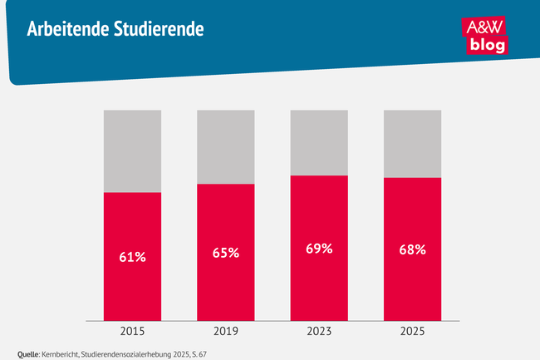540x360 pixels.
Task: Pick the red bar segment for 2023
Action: tap(319, 283)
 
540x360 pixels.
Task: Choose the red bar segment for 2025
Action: tap(412, 283)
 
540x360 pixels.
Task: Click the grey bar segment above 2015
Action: tap(132, 150)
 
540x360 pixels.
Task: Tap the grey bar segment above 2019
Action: tap(225, 146)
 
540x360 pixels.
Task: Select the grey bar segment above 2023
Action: tap(319, 142)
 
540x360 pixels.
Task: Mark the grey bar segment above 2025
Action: tap(412, 143)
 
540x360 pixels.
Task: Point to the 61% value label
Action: tap(132, 257)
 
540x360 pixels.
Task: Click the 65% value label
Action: tap(225, 253)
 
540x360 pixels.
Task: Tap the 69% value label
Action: tap(319, 249)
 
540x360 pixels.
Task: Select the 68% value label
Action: tap(412, 249)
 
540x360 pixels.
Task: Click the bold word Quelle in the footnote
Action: tap(29, 353)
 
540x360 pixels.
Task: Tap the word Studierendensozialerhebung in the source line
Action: tap(131, 353)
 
